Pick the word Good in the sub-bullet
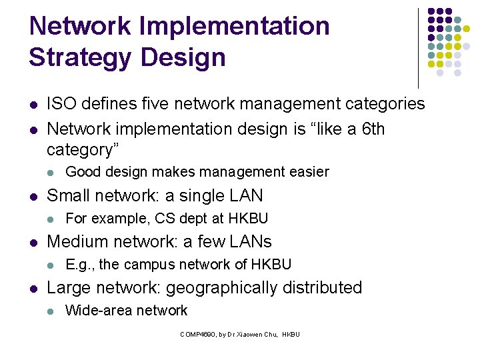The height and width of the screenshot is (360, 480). [81, 172]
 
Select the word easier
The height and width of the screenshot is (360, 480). [309, 172]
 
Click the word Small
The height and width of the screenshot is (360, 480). [69, 195]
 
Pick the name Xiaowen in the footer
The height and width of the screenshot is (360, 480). [253, 334]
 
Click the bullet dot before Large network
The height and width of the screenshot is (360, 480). [33, 289]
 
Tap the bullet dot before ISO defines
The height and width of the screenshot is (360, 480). [33, 105]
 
